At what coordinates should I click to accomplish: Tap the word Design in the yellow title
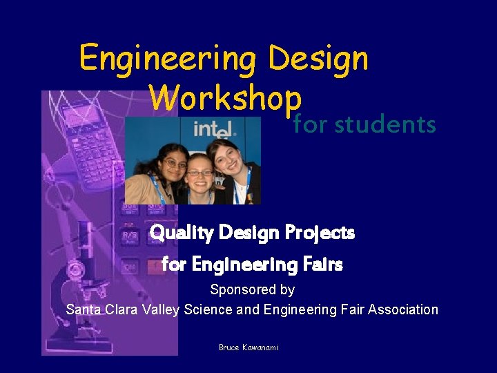pos(318,59)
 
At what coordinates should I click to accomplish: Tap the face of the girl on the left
pos(174,164)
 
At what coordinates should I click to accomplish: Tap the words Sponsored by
pos(252,289)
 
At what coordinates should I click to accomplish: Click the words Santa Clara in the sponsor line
pos(101,309)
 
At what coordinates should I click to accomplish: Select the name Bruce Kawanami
pos(248,347)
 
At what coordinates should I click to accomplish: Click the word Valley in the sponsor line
pos(159,309)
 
